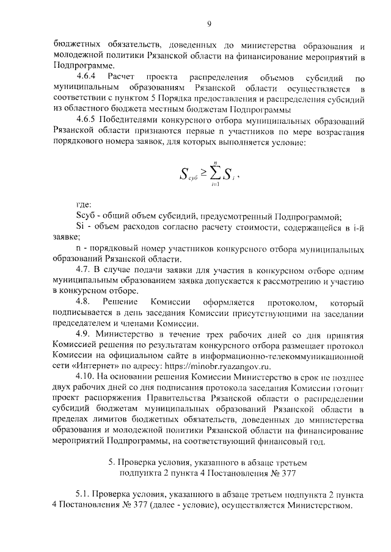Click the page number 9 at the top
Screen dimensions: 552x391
(x=209, y=24)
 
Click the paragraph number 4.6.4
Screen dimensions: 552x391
(x=87, y=78)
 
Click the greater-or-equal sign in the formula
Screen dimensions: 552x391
(x=200, y=174)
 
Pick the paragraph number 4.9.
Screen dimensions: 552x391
(x=85, y=335)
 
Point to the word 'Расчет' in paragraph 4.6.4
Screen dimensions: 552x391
(x=120, y=78)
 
